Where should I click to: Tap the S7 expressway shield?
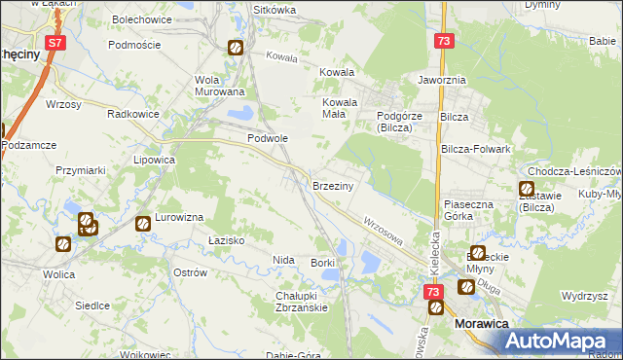tap(56, 44)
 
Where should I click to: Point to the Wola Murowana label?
tap(219, 86)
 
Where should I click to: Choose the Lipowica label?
tap(154, 159)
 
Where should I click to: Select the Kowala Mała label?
tap(341, 107)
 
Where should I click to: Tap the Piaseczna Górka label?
tap(472, 210)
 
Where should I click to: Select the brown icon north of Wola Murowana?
tap(236, 47)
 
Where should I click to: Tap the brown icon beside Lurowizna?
tap(143, 223)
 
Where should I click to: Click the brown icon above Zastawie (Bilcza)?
tap(527, 189)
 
